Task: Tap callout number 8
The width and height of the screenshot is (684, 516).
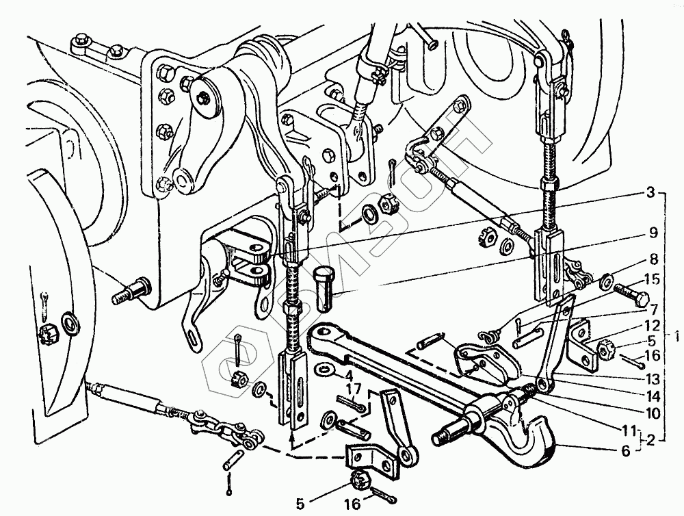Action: click(653, 260)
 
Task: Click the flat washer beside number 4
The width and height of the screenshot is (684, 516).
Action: click(325, 370)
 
